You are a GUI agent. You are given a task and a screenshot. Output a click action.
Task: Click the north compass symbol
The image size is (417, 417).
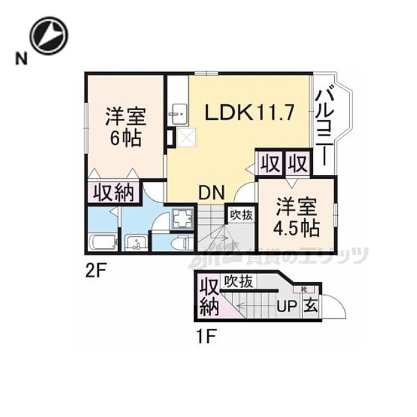[x=49, y=35]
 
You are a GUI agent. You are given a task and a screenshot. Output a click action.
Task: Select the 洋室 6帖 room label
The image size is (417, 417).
[x=125, y=126]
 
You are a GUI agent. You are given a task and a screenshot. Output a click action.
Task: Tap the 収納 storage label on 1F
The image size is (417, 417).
[x=208, y=296]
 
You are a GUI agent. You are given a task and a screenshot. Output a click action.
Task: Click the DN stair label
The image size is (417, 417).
[x=211, y=192]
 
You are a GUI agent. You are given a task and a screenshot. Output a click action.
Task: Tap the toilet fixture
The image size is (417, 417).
[x=183, y=243]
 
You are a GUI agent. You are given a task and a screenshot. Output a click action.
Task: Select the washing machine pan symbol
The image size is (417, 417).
[x=182, y=220]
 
